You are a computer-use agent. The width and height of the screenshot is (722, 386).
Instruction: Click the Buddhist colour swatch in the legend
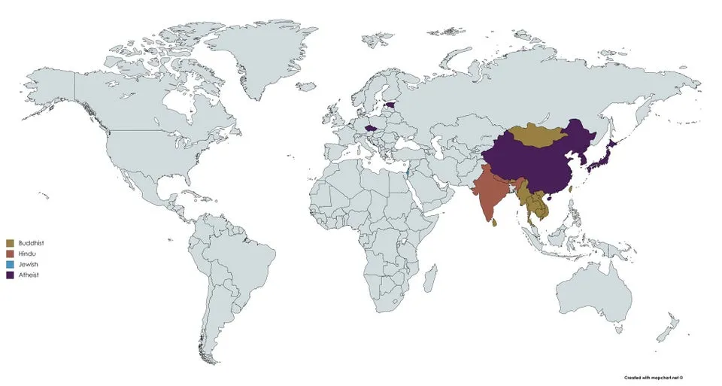coord(10,243)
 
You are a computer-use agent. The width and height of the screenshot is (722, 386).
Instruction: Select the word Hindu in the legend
coord(29,254)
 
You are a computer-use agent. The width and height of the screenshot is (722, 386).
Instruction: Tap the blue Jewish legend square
coord(10,265)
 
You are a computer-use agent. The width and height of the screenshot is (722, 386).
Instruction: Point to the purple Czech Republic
coord(369,128)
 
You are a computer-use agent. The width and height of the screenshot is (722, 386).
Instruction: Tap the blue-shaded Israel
coord(406,173)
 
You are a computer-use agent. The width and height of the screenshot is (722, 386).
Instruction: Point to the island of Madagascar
coord(429,279)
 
